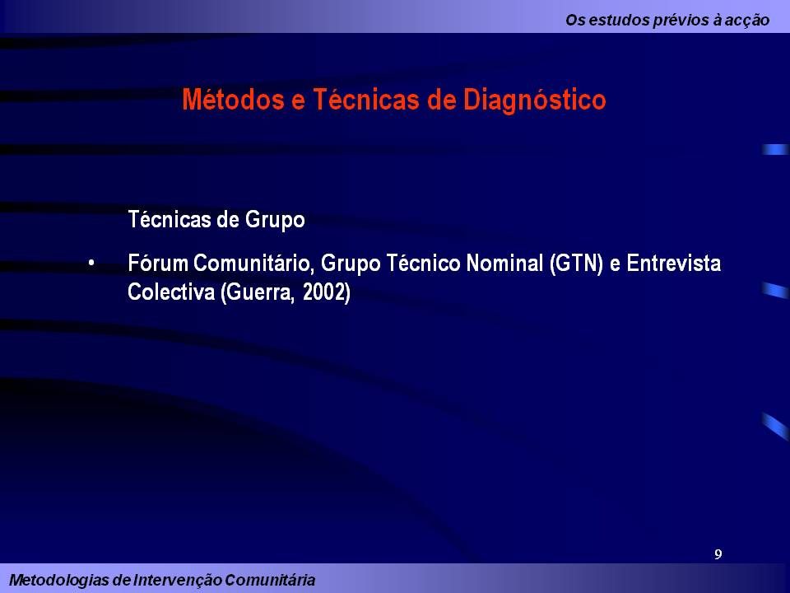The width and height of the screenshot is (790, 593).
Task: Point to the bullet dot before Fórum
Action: tap(92, 264)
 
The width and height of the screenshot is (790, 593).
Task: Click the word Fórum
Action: tap(158, 264)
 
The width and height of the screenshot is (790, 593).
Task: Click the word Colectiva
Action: tap(170, 293)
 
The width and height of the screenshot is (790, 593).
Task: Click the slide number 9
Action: tap(718, 554)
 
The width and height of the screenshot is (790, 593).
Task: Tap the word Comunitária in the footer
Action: tap(268, 580)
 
